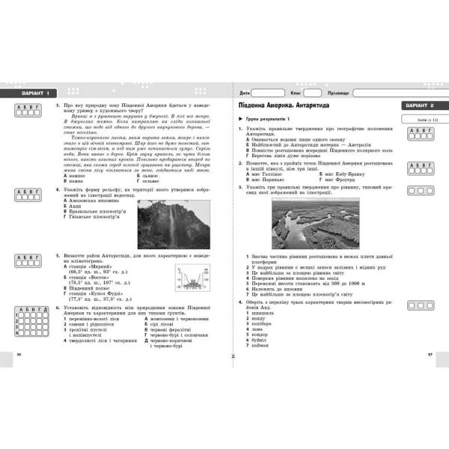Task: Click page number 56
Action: [18, 353]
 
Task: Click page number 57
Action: [429, 353]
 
